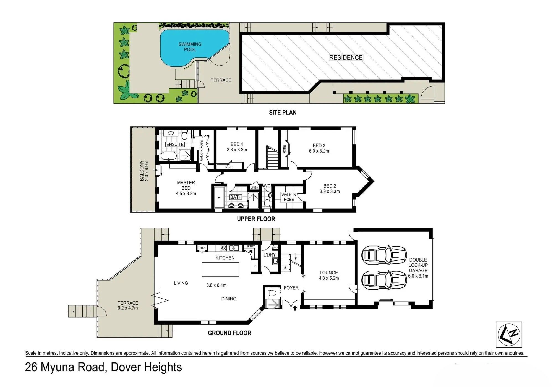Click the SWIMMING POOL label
click(190, 47)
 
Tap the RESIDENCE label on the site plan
click(346, 57)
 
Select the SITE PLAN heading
click(283, 113)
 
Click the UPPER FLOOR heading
click(256, 219)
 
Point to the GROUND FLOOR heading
click(229, 333)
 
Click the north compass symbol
click(509, 334)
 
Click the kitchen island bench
click(220, 270)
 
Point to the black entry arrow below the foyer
click(295, 307)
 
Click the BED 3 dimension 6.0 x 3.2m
click(319, 151)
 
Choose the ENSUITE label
click(175, 144)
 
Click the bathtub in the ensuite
click(169, 156)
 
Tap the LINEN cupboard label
click(254, 187)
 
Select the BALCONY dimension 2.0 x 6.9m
click(147, 171)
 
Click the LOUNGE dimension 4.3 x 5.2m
click(329, 278)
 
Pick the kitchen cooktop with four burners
click(223, 248)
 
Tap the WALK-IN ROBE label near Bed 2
click(289, 197)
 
